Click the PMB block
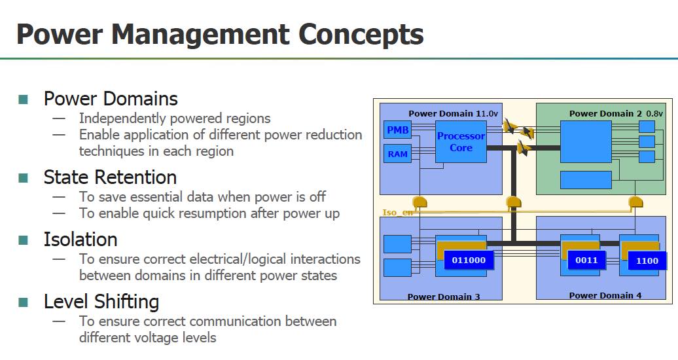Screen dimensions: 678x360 tap(397, 130)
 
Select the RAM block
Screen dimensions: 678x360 tap(397, 154)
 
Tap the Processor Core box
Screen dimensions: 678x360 tap(461, 142)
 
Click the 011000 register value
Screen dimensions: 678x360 tap(469, 260)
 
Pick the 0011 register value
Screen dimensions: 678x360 tap(586, 260)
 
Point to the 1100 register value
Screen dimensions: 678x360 tap(647, 261)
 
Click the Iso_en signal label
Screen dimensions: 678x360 tap(398, 213)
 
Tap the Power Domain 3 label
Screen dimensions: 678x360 tap(444, 297)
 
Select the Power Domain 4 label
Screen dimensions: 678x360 tap(605, 295)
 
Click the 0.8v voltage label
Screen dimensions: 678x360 tap(654, 113)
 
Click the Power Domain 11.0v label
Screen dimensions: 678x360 tap(453, 113)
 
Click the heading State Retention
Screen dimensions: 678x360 tap(110, 177)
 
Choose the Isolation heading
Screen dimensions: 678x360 tap(80, 240)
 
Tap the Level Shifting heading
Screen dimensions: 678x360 tap(101, 302)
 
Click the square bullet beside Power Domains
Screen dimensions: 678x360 tap(23, 99)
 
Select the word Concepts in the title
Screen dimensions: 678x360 tap(361, 35)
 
